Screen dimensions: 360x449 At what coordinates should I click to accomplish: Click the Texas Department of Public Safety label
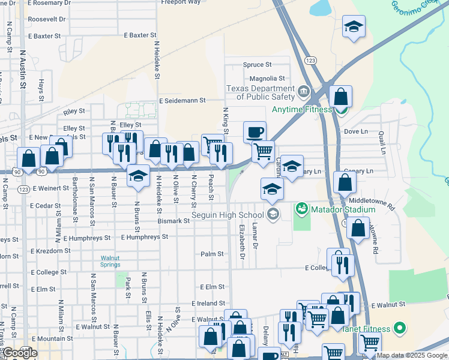point(260,92)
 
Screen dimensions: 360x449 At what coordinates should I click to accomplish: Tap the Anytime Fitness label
point(301,109)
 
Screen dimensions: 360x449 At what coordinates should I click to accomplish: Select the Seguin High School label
point(227,215)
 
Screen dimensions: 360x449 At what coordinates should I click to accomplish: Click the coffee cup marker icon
point(255,131)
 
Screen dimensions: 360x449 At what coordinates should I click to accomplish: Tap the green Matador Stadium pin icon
point(301,209)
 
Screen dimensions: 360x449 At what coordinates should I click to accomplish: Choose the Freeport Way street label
point(181,2)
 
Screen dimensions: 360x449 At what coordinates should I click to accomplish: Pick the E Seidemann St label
point(182,101)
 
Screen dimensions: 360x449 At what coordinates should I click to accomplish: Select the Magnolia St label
point(267,79)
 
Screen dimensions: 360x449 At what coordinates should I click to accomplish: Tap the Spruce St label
point(257,64)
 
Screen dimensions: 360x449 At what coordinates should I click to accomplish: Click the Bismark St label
point(173,221)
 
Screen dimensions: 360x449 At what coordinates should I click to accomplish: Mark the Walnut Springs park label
point(110,261)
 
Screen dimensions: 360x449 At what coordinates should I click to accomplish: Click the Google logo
point(19,353)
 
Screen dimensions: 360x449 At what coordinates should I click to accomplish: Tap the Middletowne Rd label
point(373,204)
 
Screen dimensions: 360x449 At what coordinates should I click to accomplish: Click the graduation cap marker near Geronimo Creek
point(354,26)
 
